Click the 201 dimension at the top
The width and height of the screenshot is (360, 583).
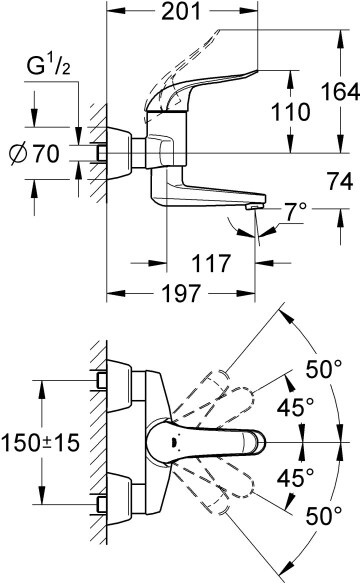(x=181, y=12)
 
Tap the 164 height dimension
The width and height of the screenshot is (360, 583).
(x=340, y=91)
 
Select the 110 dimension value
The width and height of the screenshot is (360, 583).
(x=290, y=112)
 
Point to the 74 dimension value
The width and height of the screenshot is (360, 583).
(x=340, y=182)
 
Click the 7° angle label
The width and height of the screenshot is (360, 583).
(x=295, y=212)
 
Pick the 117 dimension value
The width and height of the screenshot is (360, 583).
(x=211, y=263)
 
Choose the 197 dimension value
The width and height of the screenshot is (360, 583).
(x=181, y=293)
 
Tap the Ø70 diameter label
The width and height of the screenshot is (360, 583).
(x=34, y=154)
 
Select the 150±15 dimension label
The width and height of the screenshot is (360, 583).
(x=40, y=442)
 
